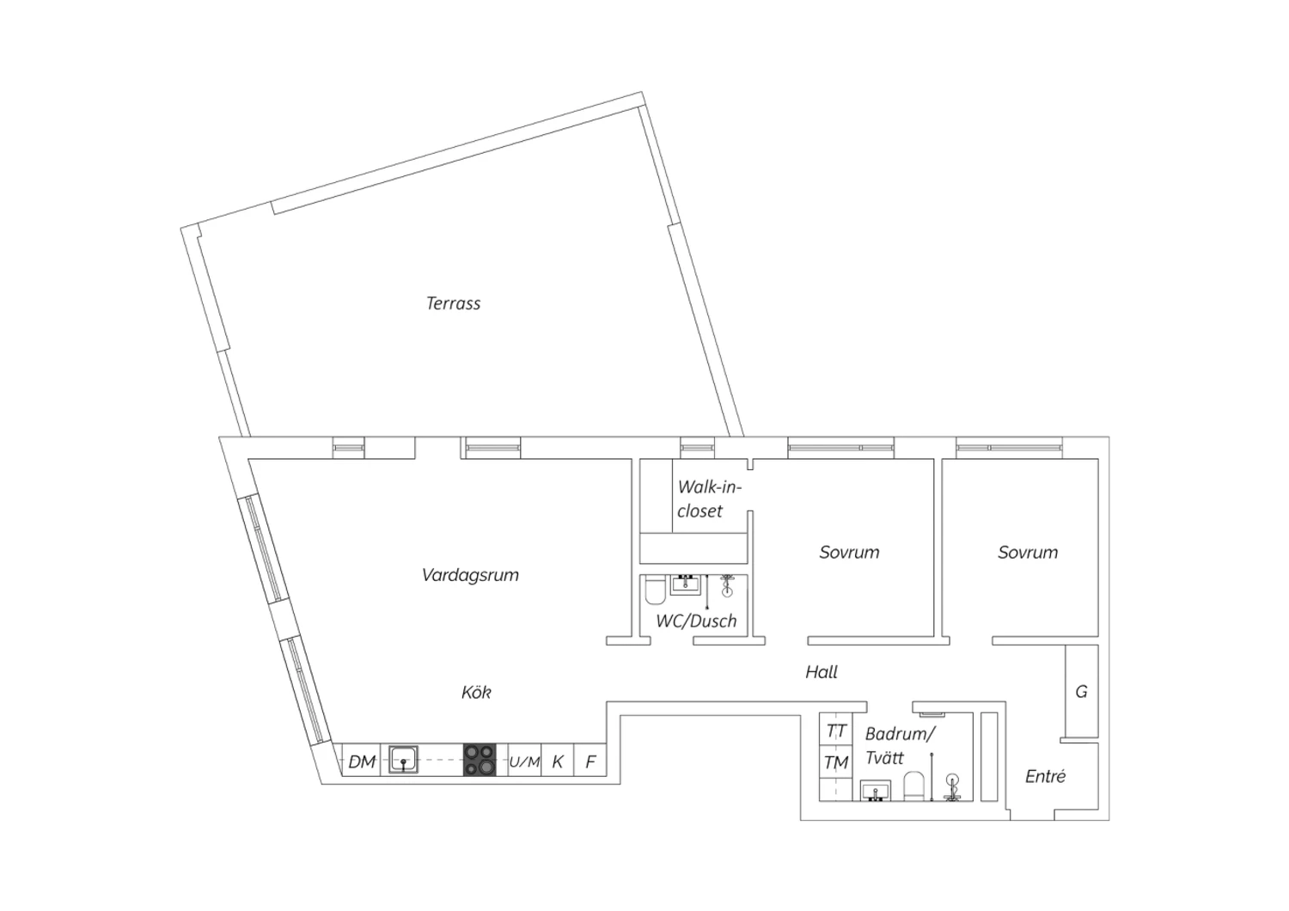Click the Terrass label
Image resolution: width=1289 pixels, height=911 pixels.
click(453, 303)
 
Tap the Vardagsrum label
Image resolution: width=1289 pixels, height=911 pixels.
click(470, 575)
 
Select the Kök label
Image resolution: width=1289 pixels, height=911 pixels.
click(476, 692)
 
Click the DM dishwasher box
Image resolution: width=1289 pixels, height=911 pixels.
click(362, 761)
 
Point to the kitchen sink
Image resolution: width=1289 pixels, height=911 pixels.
click(403, 759)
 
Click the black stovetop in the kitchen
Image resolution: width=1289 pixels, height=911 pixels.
click(480, 761)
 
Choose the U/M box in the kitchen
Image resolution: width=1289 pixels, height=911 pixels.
click(524, 761)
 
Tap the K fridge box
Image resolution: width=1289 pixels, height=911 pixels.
click(557, 761)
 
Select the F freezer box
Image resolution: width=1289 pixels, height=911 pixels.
click(590, 761)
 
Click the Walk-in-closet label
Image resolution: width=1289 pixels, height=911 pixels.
click(709, 499)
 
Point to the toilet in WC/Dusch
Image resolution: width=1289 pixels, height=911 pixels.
click(655, 590)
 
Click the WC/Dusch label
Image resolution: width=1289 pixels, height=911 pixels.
click(696, 621)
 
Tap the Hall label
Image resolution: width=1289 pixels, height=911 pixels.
click(822, 671)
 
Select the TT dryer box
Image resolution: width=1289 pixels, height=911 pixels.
click(835, 731)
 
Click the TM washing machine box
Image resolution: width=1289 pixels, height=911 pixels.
click(835, 762)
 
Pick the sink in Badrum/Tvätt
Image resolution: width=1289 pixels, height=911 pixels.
click(876, 791)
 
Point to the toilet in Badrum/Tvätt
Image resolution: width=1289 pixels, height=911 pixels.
click(913, 786)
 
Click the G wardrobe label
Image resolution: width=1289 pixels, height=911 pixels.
click(1081, 691)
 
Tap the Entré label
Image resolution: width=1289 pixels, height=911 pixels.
click(1045, 776)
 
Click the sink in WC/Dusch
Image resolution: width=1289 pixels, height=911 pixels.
click(686, 584)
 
